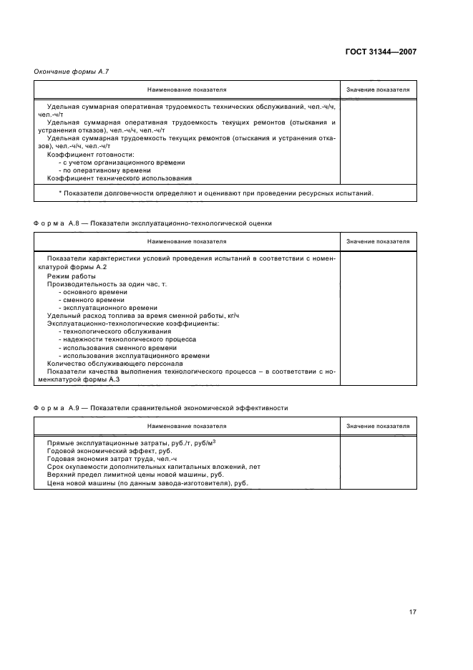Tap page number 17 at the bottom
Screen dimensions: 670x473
(x=411, y=612)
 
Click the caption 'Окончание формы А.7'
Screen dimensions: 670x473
(x=72, y=71)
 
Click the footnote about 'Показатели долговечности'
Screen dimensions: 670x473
(x=215, y=193)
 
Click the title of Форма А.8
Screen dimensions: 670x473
(x=152, y=223)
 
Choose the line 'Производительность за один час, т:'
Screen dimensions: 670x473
(x=107, y=284)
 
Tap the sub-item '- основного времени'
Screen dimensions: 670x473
(x=93, y=292)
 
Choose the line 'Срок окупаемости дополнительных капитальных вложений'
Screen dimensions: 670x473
(x=143, y=467)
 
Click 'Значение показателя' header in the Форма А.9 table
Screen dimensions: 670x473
(x=378, y=426)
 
